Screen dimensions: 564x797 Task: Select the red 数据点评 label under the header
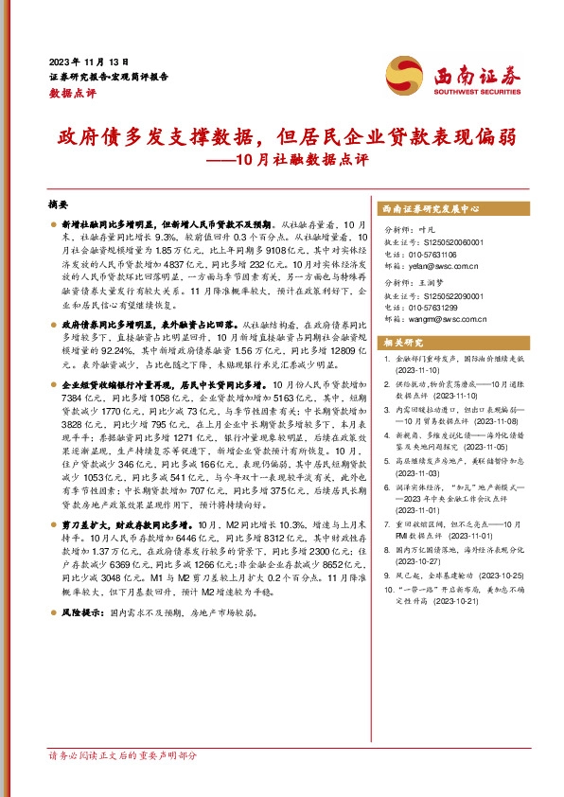(72, 93)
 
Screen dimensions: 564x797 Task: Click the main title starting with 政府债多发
(281, 135)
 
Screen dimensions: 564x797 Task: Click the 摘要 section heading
(59, 204)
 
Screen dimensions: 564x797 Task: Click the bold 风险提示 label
(82, 612)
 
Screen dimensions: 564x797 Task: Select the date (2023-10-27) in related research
(424, 558)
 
